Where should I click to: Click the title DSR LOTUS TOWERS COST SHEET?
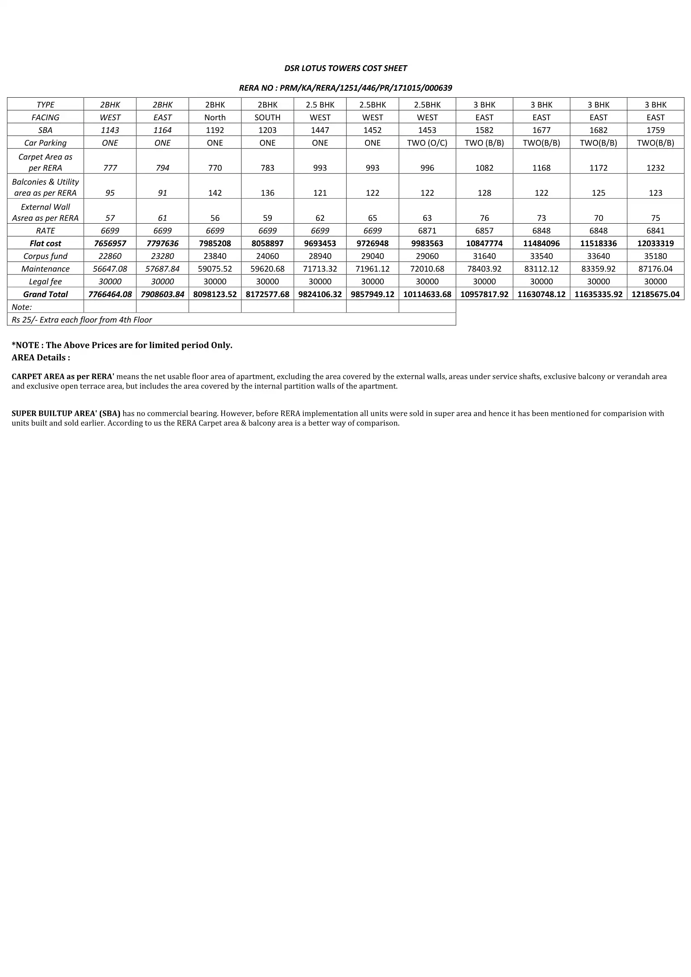(x=345, y=68)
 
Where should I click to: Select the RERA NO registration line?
(x=345, y=88)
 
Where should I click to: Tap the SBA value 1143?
(x=110, y=130)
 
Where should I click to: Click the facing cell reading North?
(x=215, y=117)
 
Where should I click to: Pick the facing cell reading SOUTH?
(x=267, y=117)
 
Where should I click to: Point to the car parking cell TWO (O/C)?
(x=427, y=143)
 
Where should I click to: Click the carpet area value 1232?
(x=655, y=168)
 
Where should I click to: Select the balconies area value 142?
(x=215, y=193)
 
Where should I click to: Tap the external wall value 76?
(x=484, y=218)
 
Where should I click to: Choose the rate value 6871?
(x=427, y=231)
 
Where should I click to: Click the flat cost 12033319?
(x=655, y=243)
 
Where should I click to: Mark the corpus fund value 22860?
(x=110, y=256)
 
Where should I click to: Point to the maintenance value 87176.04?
(x=655, y=269)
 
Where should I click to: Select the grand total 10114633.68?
(x=427, y=295)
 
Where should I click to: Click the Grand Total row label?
(x=46, y=295)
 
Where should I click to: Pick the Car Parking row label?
(x=46, y=143)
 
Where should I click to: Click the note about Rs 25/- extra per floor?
(x=82, y=320)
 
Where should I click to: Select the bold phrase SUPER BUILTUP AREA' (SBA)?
(x=66, y=413)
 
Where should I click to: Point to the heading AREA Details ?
(x=41, y=357)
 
